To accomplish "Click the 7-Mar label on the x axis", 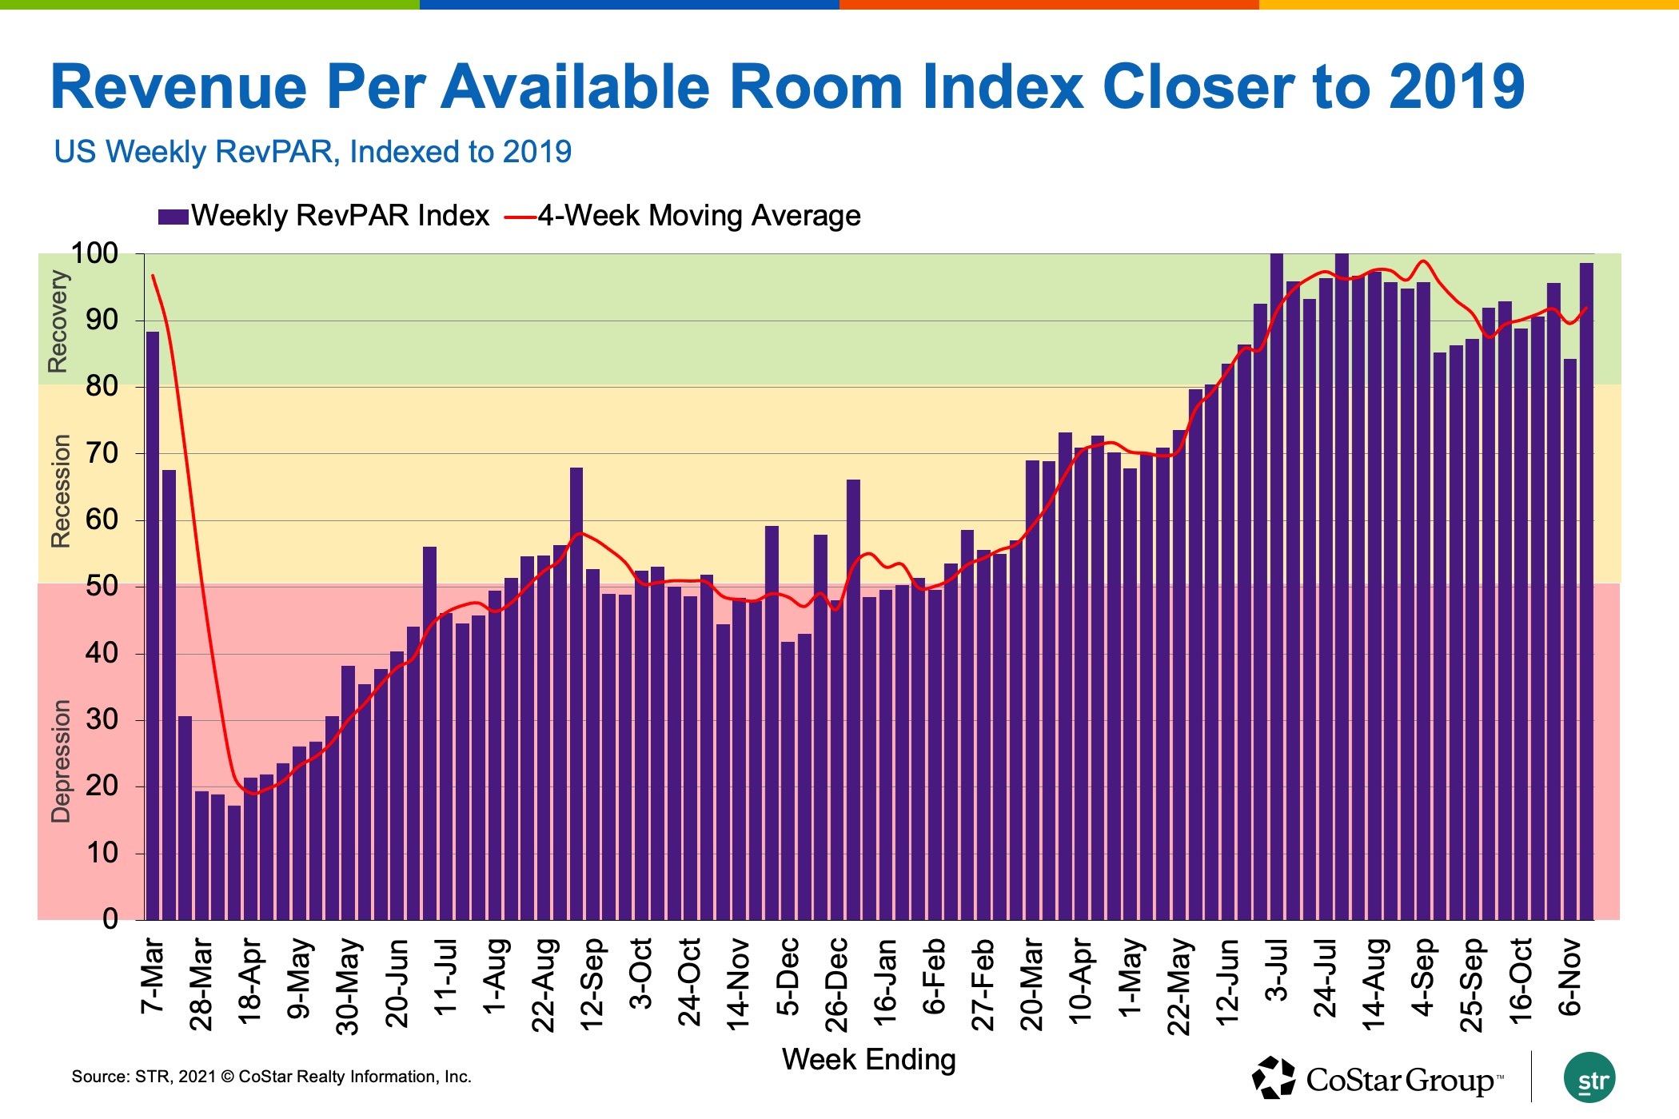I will [152, 976].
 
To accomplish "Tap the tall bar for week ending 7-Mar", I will [153, 623].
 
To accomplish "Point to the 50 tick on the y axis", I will [102, 586].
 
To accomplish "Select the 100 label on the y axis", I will [94, 253].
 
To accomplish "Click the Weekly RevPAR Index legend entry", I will [324, 216].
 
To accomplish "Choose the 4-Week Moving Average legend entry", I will [684, 216].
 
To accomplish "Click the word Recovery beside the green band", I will [58, 321].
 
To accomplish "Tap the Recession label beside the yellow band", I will [60, 491].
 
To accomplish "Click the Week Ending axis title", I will [868, 1060].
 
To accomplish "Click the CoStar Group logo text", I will [1399, 1081].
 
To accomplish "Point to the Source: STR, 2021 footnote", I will [271, 1077].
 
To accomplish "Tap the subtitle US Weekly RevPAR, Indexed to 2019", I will [313, 152].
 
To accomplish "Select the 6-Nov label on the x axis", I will [1569, 978].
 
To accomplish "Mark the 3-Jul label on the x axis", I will [1277, 971].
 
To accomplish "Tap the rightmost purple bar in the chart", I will [1586, 591].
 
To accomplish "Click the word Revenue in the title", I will [178, 86].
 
